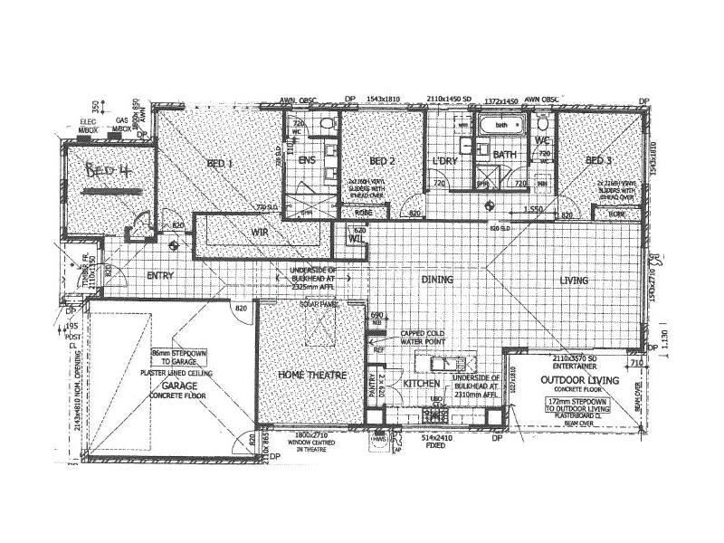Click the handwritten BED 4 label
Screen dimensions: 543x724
click(x=107, y=173)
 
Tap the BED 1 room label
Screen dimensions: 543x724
click(x=218, y=164)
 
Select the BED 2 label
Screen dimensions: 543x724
click(x=382, y=161)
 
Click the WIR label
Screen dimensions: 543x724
click(x=262, y=233)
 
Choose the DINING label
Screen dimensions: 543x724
click(x=437, y=281)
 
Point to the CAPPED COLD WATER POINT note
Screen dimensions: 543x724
click(x=417, y=338)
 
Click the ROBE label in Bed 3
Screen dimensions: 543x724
click(x=617, y=214)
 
